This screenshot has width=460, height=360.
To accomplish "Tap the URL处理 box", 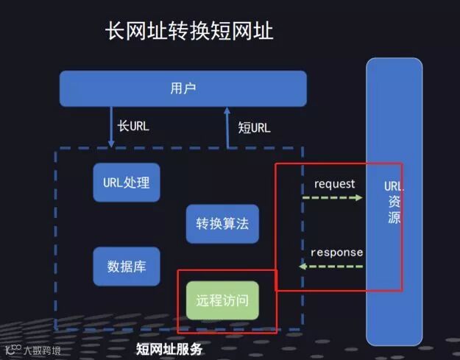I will click(x=127, y=182).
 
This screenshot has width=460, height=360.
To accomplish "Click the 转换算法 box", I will click(x=222, y=224).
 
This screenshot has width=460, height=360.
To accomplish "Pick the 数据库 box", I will click(x=127, y=266).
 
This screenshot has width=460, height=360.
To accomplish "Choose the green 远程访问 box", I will click(x=222, y=300).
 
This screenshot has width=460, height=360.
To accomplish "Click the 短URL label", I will click(x=254, y=127).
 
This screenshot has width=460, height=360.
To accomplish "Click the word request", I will click(x=334, y=184).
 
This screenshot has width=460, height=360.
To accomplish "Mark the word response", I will click(x=336, y=253).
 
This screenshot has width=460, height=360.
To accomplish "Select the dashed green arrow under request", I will click(x=332, y=198).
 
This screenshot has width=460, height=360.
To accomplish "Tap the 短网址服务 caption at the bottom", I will click(x=169, y=347).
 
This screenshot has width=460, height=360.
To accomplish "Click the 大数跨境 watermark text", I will click(x=43, y=351).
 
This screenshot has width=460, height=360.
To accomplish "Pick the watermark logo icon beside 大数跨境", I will click(x=13, y=350).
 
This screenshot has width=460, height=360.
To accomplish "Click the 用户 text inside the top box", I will click(x=183, y=88).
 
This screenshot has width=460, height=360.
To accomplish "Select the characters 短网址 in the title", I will click(x=236, y=32).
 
